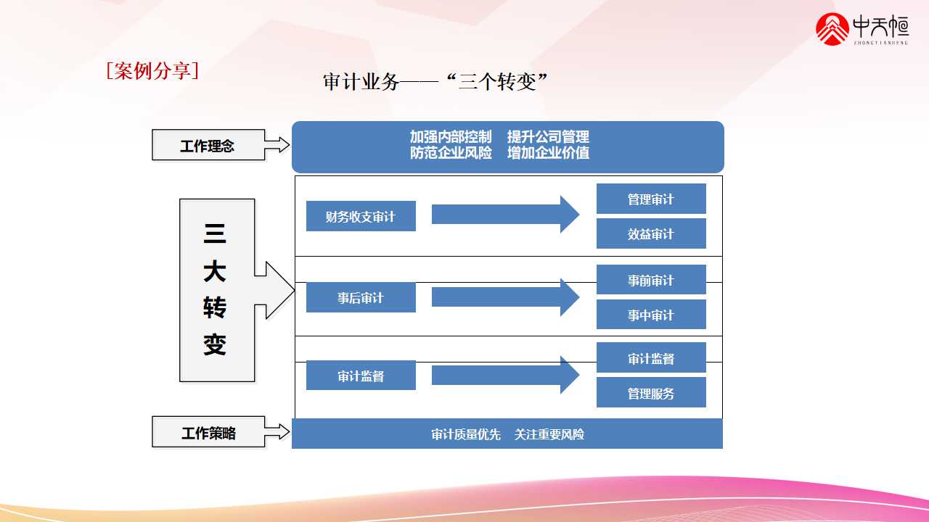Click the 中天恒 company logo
click(862, 29)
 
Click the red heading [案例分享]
click(152, 71)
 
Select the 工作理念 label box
click(208, 145)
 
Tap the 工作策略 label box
click(208, 433)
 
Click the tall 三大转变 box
click(217, 290)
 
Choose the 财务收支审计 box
click(361, 216)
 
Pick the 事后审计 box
click(361, 297)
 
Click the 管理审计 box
click(651, 199)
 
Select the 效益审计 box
click(651, 233)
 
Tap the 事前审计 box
click(651, 280)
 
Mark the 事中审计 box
click(651, 315)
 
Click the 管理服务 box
click(651, 393)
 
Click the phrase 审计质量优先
click(466, 434)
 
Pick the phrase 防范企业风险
click(451, 153)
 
